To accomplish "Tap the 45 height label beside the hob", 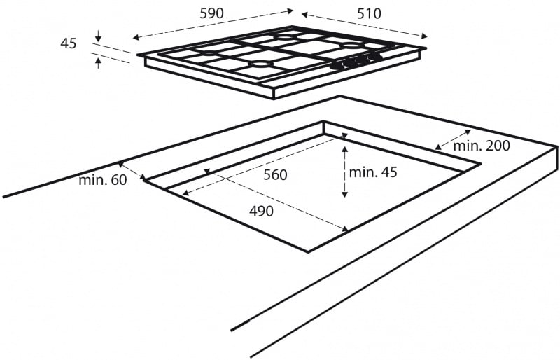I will tap(69, 43).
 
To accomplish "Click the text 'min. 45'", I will tap(374, 172).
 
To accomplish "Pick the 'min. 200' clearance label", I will tap(482, 146).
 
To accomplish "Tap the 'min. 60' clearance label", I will tap(103, 180).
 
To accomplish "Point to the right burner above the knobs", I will tap(348, 46).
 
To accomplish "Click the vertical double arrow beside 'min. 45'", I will tap(344, 171).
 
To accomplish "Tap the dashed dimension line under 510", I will tap(365, 24).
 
